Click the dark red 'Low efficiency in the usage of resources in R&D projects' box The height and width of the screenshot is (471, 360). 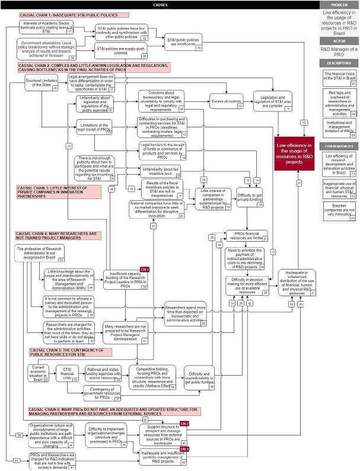pyautogui.click(x=295, y=153)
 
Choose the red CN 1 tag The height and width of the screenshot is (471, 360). pyautogui.click(x=145, y=270)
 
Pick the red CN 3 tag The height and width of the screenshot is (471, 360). pyautogui.click(x=184, y=449)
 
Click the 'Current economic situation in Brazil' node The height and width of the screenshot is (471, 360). pyautogui.click(x=37, y=373)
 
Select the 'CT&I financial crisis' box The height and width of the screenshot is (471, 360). pyautogui.click(x=67, y=374)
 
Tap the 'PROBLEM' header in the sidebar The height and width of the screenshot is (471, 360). pyautogui.click(x=339, y=4)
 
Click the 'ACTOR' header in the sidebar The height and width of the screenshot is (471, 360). pyautogui.click(x=339, y=40)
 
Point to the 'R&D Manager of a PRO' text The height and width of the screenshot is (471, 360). pyautogui.click(x=339, y=52)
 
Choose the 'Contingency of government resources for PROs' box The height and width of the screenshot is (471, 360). pyautogui.click(x=101, y=393)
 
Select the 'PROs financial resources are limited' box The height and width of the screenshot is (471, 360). pyautogui.click(x=247, y=235)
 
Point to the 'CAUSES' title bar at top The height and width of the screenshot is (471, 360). pyautogui.click(x=160, y=4)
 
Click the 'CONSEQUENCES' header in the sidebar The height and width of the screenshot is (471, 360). pyautogui.click(x=339, y=145)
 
